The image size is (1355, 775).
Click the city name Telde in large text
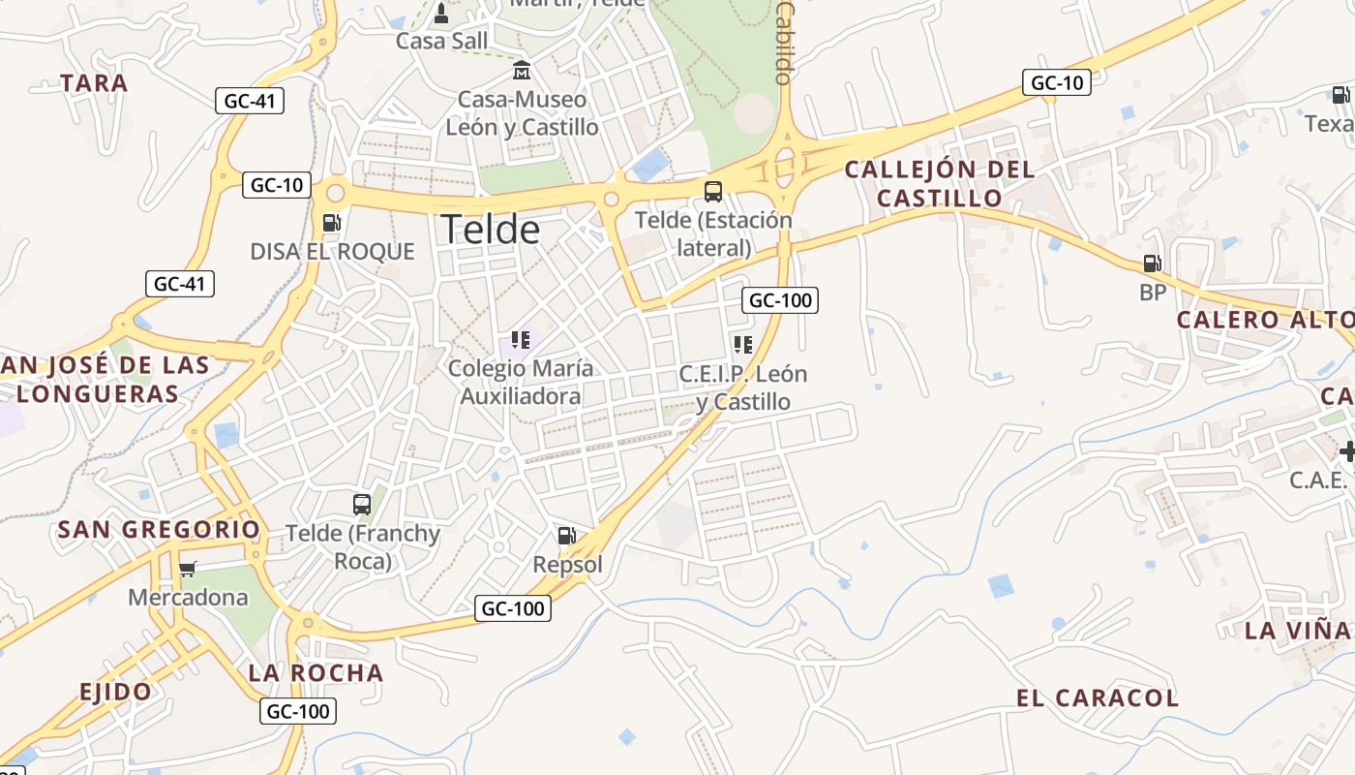490,230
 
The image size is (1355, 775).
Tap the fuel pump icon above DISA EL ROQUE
331,222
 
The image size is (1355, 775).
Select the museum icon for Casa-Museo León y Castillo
522,71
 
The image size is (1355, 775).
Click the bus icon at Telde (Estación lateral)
713,191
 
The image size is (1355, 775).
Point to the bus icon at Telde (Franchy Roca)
362,504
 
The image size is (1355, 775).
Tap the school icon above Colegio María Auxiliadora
521,340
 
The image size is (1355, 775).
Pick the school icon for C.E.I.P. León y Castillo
742,345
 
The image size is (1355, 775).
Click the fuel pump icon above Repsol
567,535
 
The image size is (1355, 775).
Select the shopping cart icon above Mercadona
188,569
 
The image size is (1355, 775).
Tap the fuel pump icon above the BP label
1152,263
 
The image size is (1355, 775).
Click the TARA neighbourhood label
94,83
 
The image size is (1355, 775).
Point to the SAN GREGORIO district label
159,530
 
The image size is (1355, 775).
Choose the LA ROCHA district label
316,672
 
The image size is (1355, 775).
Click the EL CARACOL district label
1097,697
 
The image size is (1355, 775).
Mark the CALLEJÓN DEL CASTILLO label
939,184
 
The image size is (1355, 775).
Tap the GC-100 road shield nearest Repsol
513,608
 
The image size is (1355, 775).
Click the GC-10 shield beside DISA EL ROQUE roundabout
277,185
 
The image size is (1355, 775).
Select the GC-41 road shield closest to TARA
249,101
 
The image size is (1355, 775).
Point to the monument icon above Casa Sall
441,14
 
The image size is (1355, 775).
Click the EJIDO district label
115,692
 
